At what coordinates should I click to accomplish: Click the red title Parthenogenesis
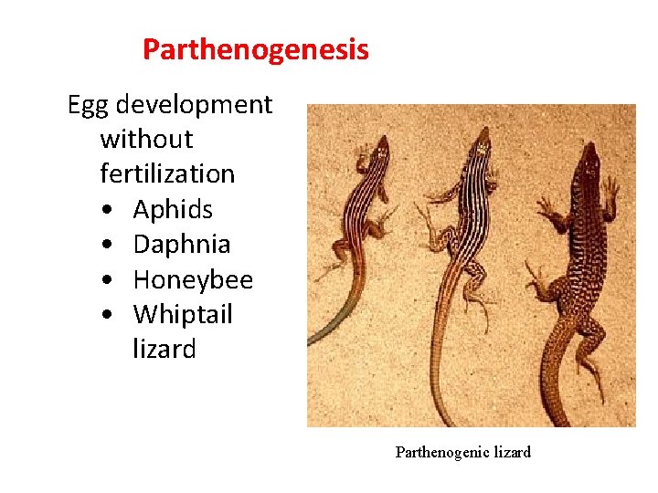pos(256,49)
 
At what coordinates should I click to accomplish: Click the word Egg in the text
pos(88,105)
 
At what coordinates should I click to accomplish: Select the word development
pos(194,105)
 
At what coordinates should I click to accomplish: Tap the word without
pos(146,140)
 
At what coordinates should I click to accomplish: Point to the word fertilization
pos(167,173)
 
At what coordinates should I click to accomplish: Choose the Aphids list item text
pos(173,209)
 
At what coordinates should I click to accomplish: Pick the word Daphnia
pos(182,244)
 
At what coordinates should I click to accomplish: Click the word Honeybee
pos(193,279)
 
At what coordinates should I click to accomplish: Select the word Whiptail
pos(183,314)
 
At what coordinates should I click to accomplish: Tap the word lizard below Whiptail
pos(164,349)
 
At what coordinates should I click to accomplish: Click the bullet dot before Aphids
pos(109,211)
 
